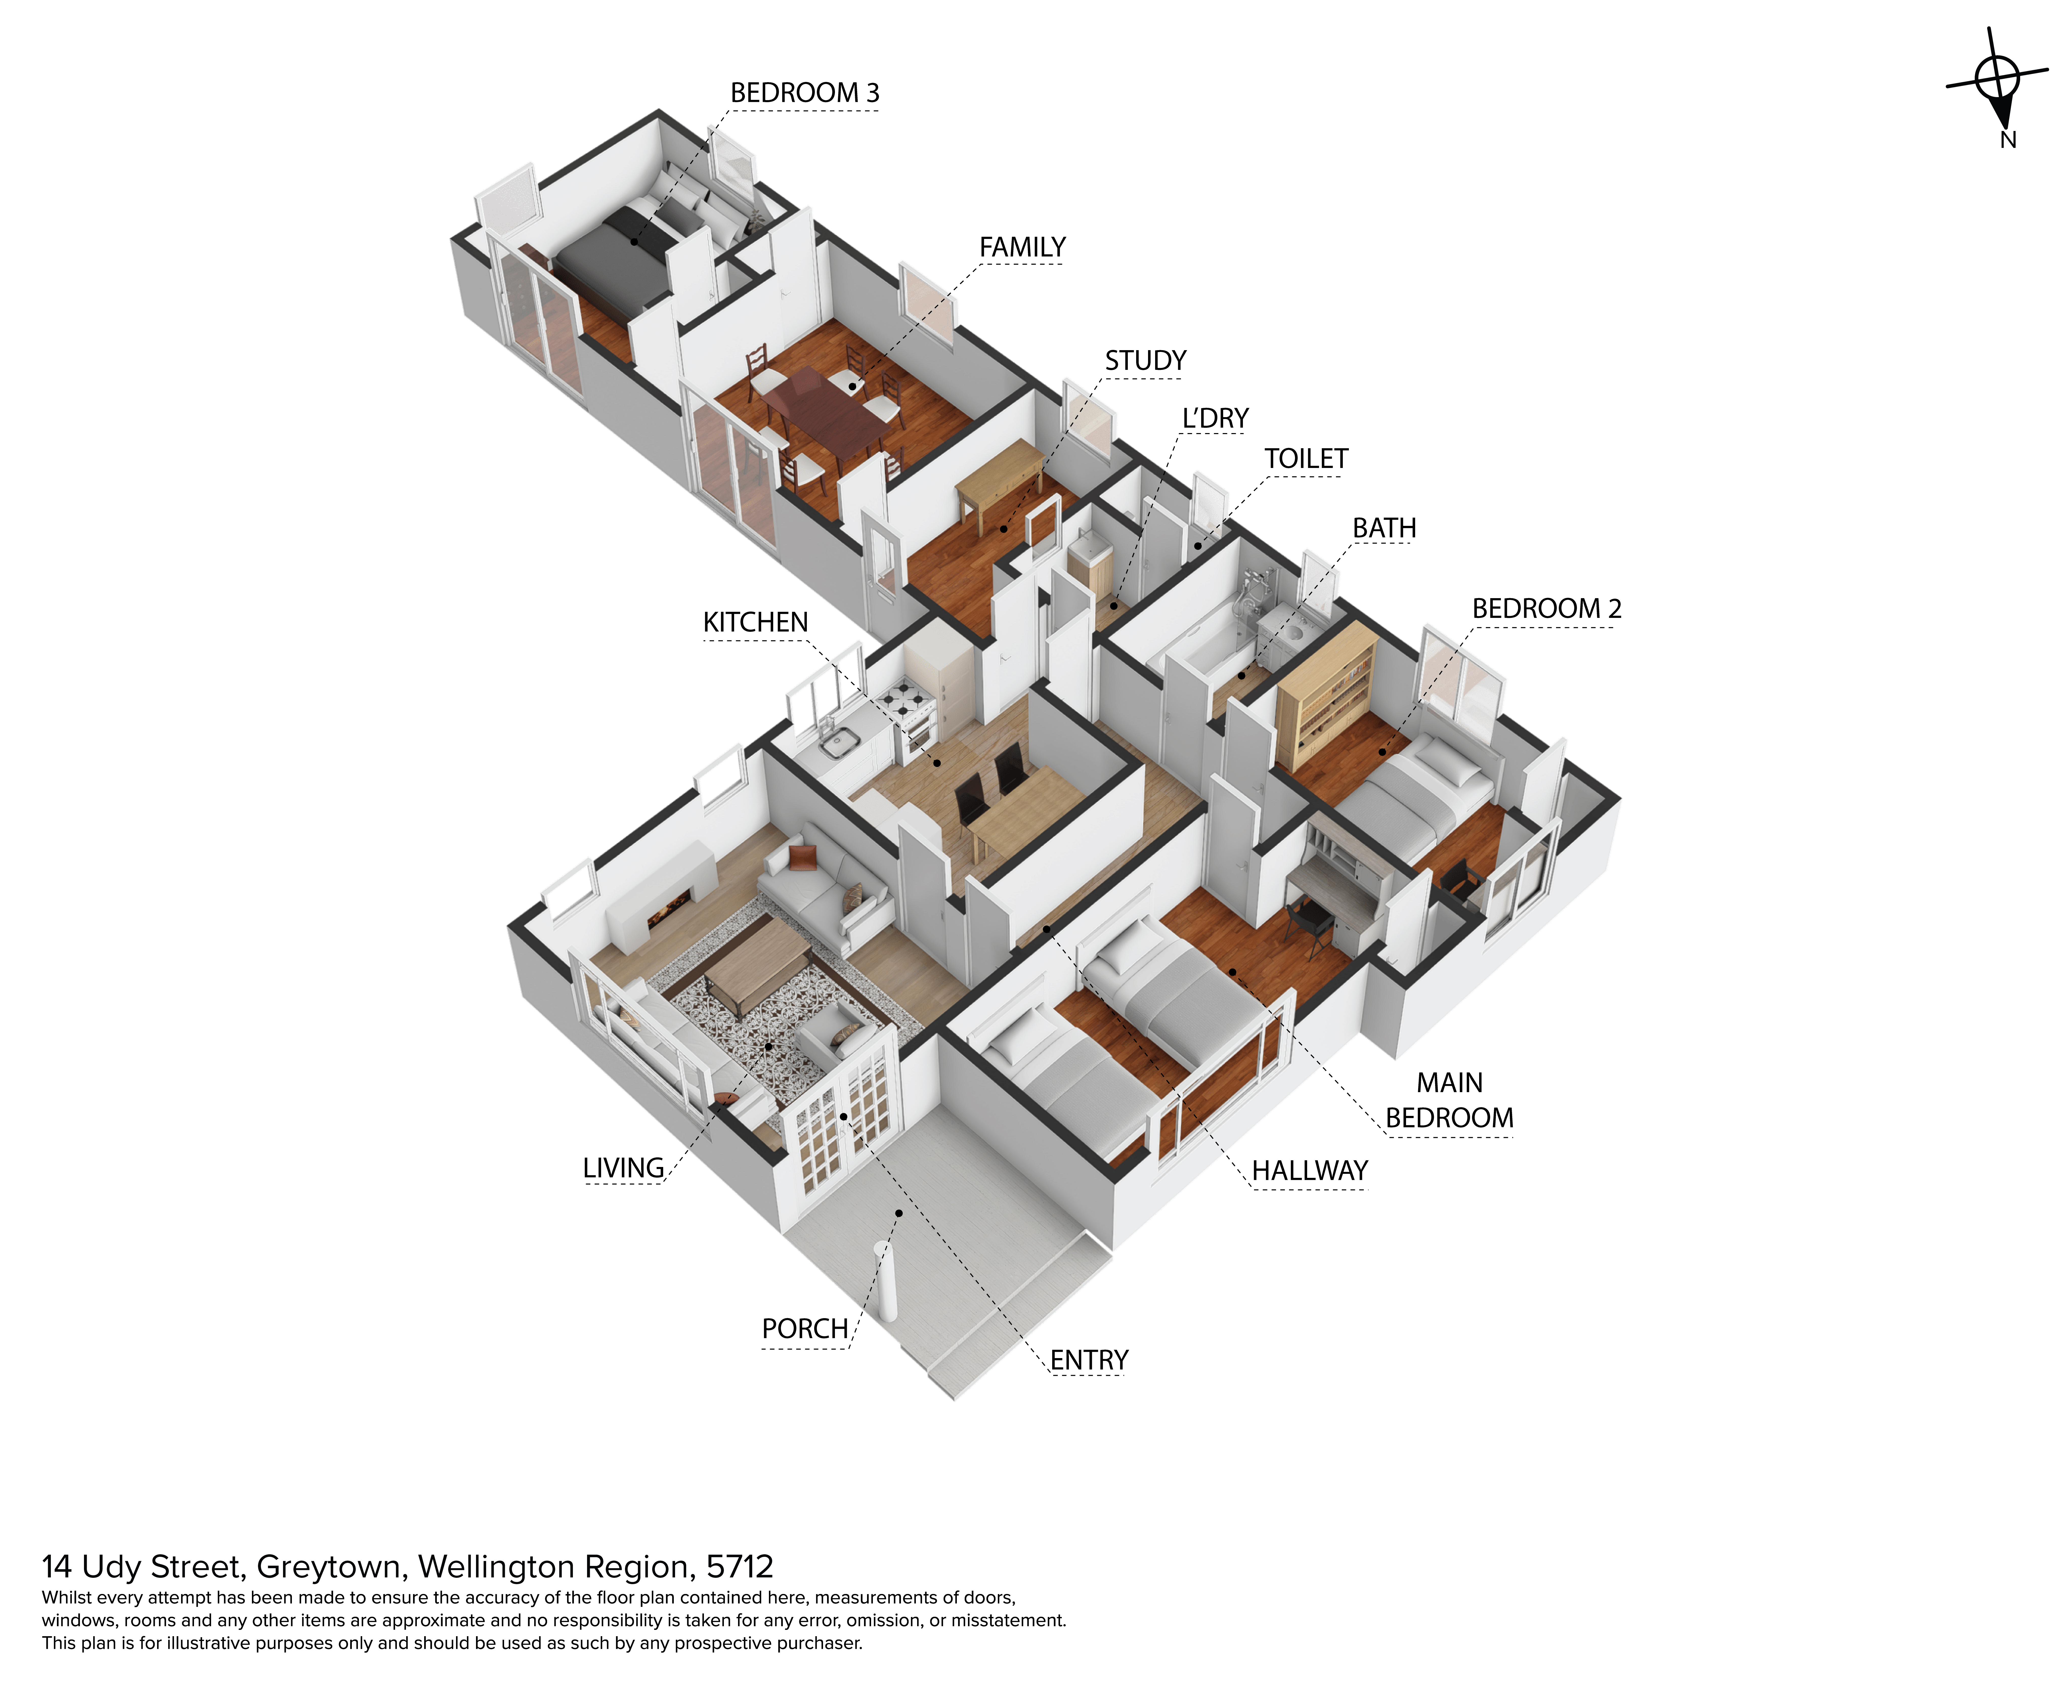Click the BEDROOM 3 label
804,93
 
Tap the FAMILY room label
1022,248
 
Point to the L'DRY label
1215,419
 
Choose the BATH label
1384,528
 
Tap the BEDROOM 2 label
1546,609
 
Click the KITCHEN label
755,622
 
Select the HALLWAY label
1309,1171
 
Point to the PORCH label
804,1329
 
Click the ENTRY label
1089,1361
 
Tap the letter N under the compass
2008,140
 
